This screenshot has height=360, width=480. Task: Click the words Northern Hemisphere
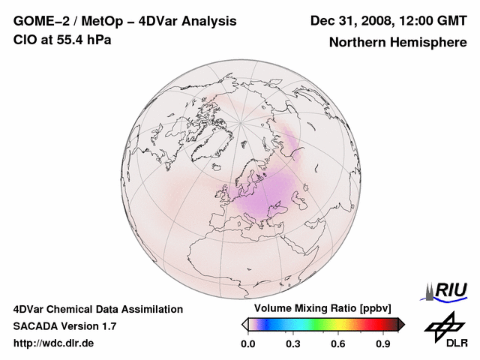click(x=397, y=43)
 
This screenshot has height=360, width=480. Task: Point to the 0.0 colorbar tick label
click(x=247, y=344)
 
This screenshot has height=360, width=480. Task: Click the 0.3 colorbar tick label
click(x=293, y=344)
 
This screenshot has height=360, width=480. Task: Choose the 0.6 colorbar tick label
click(x=339, y=344)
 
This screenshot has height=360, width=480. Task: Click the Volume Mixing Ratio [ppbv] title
click(x=320, y=308)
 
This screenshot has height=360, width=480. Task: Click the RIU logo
click(x=446, y=290)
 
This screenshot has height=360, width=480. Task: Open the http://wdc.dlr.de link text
click(x=54, y=343)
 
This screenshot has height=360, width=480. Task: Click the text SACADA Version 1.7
click(x=64, y=326)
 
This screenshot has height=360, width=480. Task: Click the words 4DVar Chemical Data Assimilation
click(x=98, y=309)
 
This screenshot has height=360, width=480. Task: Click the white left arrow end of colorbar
click(x=244, y=324)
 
